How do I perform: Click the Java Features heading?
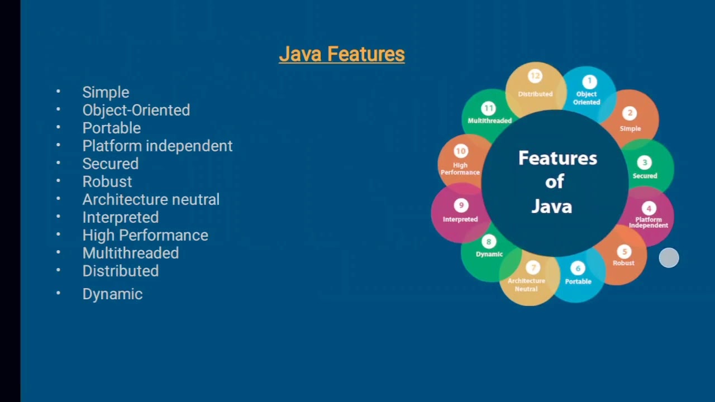click(x=341, y=54)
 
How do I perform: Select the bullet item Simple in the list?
click(x=106, y=92)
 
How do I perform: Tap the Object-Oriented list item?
click(x=136, y=110)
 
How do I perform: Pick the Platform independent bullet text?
click(x=157, y=146)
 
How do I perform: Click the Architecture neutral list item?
click(x=151, y=199)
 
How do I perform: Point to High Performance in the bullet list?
click(x=145, y=235)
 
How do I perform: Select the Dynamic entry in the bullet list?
click(x=112, y=294)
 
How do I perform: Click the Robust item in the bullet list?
click(x=107, y=181)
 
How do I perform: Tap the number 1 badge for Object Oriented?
click(x=589, y=82)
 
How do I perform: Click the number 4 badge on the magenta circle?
click(x=649, y=209)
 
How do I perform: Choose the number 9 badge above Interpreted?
click(x=461, y=205)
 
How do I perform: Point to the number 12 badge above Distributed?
click(x=535, y=76)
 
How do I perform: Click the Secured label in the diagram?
click(x=645, y=176)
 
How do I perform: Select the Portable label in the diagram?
click(x=578, y=281)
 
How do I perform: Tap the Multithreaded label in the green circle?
click(x=489, y=121)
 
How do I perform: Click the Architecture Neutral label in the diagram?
click(x=526, y=285)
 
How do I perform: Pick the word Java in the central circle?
click(x=551, y=207)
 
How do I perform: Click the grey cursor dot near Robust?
click(x=669, y=258)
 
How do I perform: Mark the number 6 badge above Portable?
click(x=578, y=269)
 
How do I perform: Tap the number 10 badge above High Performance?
click(x=461, y=151)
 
